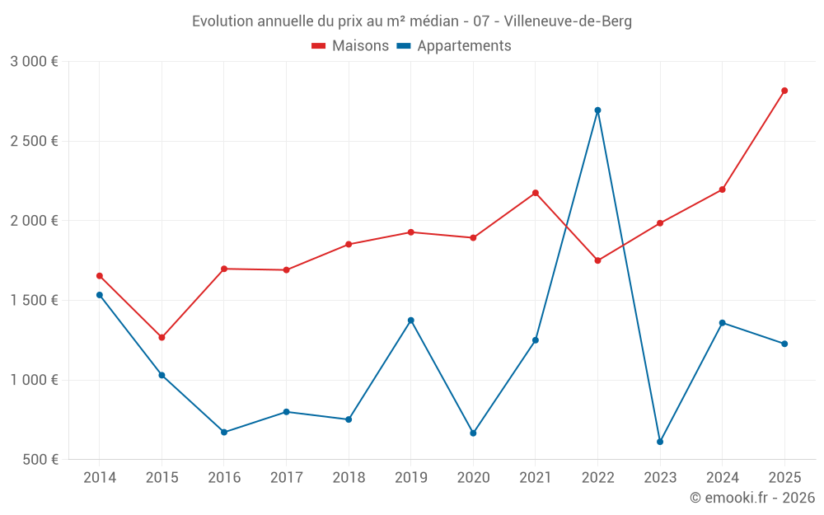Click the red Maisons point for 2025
(784, 91)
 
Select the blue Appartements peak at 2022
(597, 110)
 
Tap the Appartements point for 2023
(660, 442)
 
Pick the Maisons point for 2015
(162, 338)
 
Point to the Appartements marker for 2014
(100, 295)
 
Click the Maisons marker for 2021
(536, 193)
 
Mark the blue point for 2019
(410, 321)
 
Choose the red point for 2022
(597, 260)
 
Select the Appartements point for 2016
(224, 432)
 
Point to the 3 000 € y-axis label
(34, 62)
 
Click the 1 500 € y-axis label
(34, 301)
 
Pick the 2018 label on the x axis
(349, 478)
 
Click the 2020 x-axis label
(473, 478)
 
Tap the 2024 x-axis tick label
(722, 478)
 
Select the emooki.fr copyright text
(751, 498)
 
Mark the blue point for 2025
(784, 344)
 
